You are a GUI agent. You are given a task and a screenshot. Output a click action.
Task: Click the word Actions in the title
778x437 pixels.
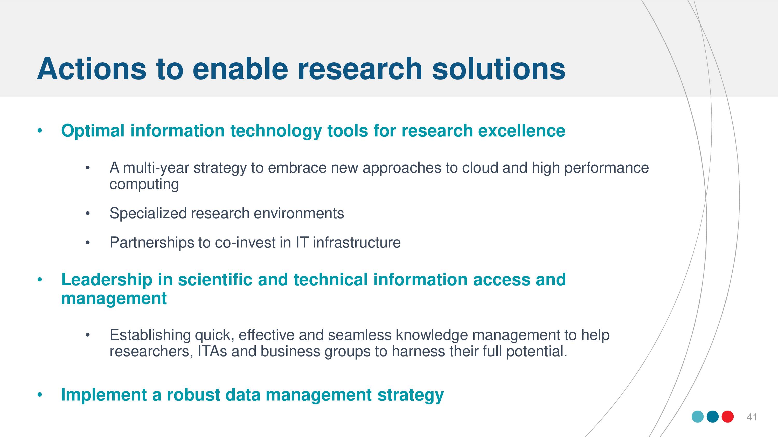tap(92, 69)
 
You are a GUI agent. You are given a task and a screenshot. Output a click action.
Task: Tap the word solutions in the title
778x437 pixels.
tap(499, 69)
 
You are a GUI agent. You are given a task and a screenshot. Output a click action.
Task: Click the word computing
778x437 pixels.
tap(144, 185)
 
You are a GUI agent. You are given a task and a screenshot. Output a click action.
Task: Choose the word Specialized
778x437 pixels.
tap(148, 214)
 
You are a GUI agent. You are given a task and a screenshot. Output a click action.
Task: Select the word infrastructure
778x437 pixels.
tap(357, 243)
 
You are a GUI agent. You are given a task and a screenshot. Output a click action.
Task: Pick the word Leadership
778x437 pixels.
tap(107, 280)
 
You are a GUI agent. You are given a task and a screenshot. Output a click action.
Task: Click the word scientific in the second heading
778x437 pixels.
tap(215, 280)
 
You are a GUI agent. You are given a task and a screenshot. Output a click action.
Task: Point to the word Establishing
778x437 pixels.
tap(150, 335)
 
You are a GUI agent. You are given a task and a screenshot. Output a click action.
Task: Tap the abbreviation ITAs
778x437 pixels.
tap(212, 351)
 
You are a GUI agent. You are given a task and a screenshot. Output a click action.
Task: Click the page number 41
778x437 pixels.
tap(752, 417)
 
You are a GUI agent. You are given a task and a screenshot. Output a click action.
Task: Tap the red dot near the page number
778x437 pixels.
tap(728, 417)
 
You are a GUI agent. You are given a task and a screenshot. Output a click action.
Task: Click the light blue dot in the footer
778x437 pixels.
tap(698, 417)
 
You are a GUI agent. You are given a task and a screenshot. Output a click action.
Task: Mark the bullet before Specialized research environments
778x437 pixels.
tap(88, 214)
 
